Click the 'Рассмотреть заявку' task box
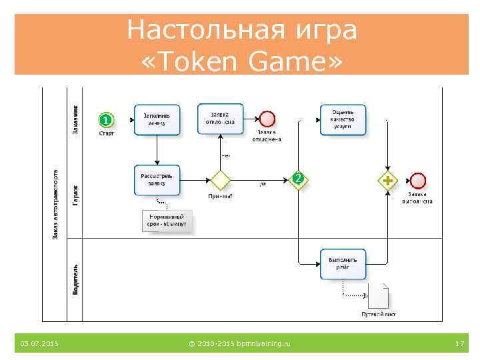[x=157, y=180]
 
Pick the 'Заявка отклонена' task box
[x=221, y=119]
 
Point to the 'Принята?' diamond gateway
[x=220, y=180]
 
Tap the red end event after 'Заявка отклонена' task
[x=267, y=119]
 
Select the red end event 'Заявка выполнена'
[x=418, y=180]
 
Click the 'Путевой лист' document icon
[x=378, y=295]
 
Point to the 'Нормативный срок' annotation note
[x=167, y=221]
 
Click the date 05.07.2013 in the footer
[x=39, y=343]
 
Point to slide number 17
[x=459, y=343]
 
